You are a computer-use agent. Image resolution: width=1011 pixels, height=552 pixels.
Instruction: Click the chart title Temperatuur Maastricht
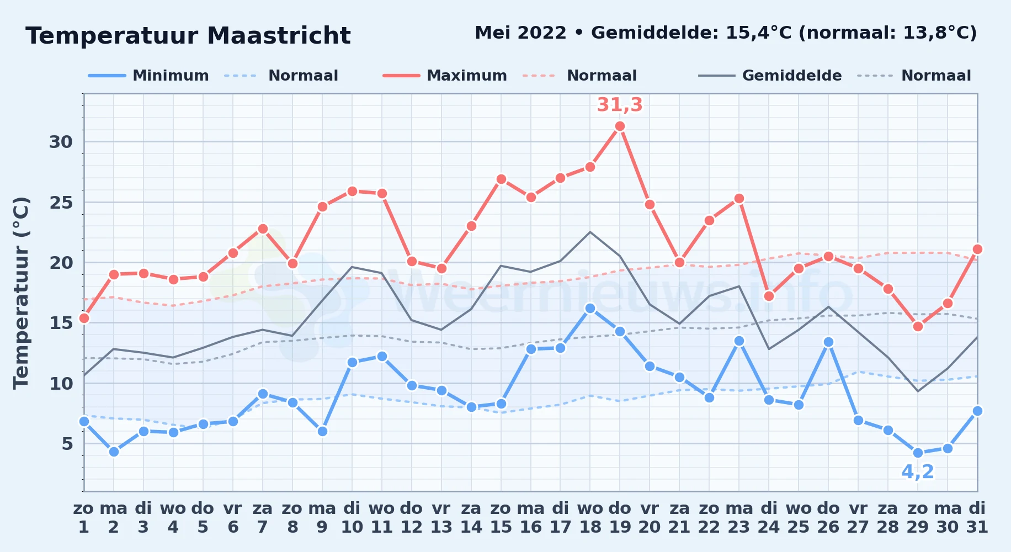click(x=188, y=36)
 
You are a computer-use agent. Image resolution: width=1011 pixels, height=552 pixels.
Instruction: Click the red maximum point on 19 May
click(x=620, y=126)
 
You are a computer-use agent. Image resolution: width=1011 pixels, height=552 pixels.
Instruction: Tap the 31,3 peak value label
click(x=620, y=104)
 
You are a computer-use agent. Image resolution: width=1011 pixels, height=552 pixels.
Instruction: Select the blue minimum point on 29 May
click(x=918, y=453)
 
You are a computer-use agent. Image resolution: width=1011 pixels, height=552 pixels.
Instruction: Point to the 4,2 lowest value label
click(x=918, y=471)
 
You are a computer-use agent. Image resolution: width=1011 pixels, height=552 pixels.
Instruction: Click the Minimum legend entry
click(x=148, y=76)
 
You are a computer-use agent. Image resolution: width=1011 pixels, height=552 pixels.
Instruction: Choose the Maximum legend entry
click(x=445, y=76)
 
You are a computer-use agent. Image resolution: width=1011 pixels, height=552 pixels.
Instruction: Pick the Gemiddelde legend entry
click(x=770, y=76)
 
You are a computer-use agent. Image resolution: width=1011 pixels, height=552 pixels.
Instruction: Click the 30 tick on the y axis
click(x=61, y=142)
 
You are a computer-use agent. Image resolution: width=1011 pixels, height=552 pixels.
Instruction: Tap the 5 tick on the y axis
click(x=67, y=443)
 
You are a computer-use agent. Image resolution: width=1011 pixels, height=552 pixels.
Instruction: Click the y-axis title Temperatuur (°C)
click(x=21, y=293)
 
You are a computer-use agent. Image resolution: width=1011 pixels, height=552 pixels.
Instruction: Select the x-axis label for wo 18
click(x=590, y=517)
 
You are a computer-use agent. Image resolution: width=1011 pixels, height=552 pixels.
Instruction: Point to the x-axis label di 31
click(x=977, y=517)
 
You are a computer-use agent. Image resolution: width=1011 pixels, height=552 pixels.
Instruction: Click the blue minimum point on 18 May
click(x=590, y=309)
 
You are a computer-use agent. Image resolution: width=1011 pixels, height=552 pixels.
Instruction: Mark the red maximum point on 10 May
click(x=352, y=192)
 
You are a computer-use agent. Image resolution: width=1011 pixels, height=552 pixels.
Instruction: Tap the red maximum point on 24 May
click(x=769, y=296)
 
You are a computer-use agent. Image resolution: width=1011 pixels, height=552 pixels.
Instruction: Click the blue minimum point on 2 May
click(x=114, y=452)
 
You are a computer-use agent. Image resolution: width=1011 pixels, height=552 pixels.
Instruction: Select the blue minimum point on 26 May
click(x=828, y=342)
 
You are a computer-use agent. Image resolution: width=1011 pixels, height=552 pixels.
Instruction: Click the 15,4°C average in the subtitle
click(x=758, y=33)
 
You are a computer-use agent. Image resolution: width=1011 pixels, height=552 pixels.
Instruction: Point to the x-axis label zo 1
click(x=84, y=517)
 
